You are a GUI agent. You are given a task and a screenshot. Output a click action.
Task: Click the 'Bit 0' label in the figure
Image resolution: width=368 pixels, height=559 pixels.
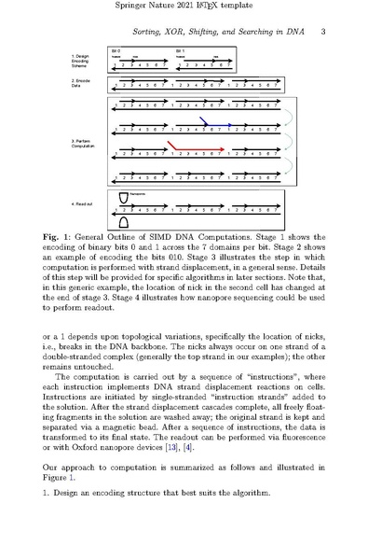coord(116,49)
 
